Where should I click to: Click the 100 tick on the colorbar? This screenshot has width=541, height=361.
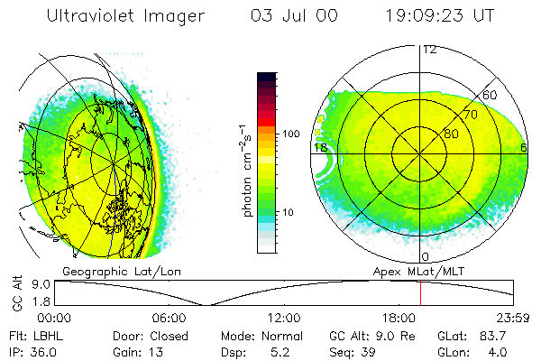click(291, 134)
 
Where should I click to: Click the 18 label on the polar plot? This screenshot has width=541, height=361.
click(319, 146)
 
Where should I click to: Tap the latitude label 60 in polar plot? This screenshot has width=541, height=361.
click(491, 95)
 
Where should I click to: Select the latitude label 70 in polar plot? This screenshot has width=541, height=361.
click(470, 115)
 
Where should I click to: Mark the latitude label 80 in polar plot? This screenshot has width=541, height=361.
click(450, 134)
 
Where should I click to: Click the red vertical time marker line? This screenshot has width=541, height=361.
click(420, 292)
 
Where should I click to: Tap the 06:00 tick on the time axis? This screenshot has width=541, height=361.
click(169, 318)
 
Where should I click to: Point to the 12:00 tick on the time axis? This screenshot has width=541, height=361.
click(284, 318)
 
